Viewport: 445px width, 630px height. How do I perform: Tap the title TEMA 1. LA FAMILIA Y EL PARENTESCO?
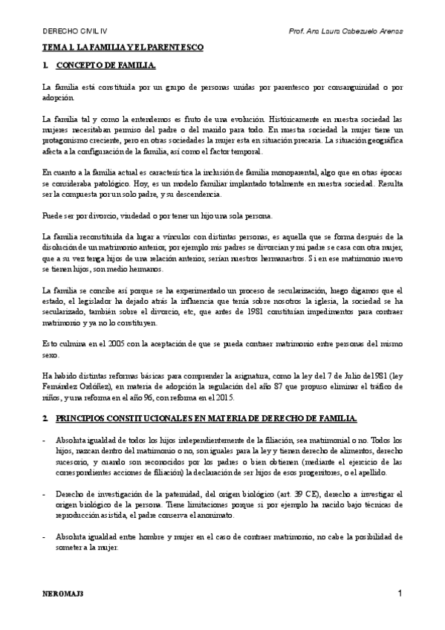[x=122, y=46]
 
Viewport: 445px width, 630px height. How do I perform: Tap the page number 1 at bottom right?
[x=400, y=594]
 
